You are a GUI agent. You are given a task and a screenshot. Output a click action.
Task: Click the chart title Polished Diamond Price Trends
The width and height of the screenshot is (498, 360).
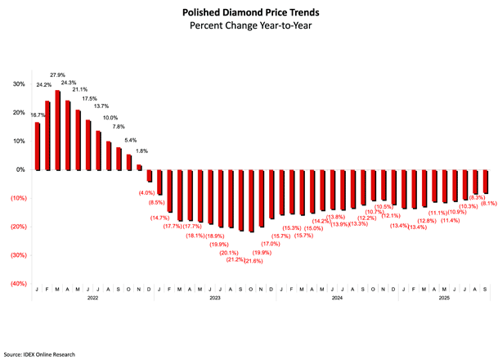click(x=249, y=13)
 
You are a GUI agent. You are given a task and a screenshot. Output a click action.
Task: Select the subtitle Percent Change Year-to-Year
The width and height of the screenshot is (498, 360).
click(x=249, y=26)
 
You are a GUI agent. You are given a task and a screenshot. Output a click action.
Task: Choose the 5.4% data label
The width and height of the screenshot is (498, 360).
click(x=130, y=140)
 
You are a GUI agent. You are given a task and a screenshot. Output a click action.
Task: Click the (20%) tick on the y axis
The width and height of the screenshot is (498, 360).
click(x=16, y=227)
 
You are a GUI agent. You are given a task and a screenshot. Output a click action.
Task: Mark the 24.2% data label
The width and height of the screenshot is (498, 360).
click(x=43, y=84)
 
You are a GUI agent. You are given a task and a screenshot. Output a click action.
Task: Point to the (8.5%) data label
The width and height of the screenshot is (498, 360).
click(x=159, y=201)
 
